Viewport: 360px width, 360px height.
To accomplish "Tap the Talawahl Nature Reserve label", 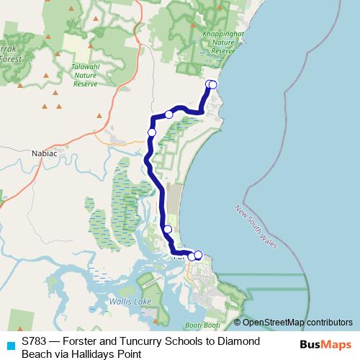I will [86, 75].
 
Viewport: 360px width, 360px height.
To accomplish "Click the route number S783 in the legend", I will [35, 341].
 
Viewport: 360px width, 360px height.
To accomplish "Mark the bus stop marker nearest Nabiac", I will [152, 132].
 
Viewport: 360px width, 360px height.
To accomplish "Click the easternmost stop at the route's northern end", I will [212, 85].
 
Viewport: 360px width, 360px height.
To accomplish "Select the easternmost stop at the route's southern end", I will [198, 255].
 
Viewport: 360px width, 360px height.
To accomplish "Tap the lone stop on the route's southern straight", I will [168, 230].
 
